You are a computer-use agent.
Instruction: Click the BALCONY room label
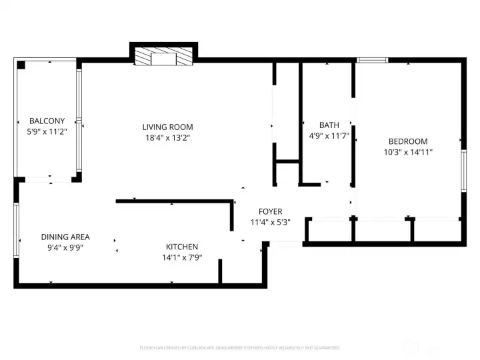(x=47, y=121)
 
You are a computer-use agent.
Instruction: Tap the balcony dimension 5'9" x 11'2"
(x=47, y=131)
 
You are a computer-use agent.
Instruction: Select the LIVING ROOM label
(x=167, y=127)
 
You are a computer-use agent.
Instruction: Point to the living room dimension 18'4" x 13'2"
(x=167, y=138)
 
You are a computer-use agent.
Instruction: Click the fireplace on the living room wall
(x=163, y=56)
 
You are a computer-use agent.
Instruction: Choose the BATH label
(x=329, y=125)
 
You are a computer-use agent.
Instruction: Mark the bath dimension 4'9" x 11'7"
(x=329, y=136)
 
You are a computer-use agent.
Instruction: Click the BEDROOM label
(x=407, y=141)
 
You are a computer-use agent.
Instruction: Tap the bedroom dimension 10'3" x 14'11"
(x=407, y=152)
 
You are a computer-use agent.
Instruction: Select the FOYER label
(x=270, y=211)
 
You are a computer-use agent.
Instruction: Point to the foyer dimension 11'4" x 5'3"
(x=270, y=223)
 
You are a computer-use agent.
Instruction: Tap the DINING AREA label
(x=65, y=237)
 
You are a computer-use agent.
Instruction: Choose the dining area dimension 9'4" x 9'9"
(x=65, y=247)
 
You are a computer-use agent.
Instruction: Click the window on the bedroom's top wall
(x=372, y=60)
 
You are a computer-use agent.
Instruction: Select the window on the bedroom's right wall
(x=463, y=171)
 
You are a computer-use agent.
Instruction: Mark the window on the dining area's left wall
(x=16, y=230)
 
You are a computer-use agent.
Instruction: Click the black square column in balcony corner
(x=21, y=65)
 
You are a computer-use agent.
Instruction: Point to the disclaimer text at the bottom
(x=239, y=347)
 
